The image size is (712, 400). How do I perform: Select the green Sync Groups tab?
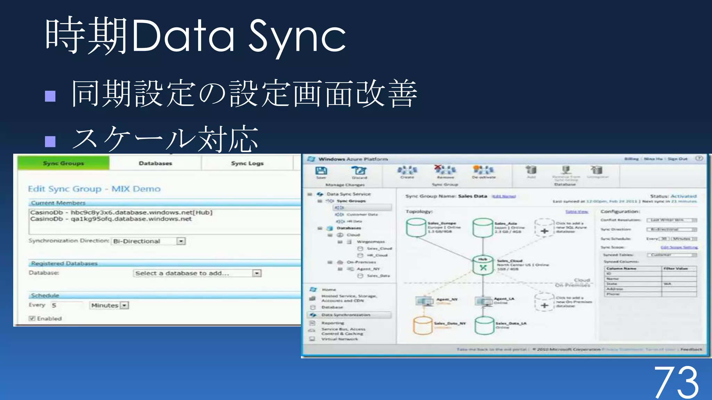point(63,163)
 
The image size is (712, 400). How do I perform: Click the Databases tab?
point(155,163)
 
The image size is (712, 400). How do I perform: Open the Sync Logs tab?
point(247,163)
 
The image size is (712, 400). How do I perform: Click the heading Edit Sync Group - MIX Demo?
point(94,189)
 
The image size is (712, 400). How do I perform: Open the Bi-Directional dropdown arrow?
point(181,241)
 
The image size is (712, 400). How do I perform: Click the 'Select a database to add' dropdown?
point(197,273)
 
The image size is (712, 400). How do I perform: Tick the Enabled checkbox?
point(32,318)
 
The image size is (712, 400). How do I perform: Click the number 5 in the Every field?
point(54,306)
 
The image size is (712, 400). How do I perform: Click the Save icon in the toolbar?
point(321,171)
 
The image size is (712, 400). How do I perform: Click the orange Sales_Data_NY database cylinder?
point(422,325)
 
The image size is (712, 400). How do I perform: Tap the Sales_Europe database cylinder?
point(416,227)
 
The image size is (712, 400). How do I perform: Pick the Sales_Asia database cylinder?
point(483,227)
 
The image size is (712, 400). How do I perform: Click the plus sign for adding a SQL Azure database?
point(544,231)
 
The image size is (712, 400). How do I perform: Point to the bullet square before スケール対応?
point(50,141)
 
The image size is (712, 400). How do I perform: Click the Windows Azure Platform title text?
point(353,159)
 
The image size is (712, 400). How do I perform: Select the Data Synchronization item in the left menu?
point(346,315)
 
